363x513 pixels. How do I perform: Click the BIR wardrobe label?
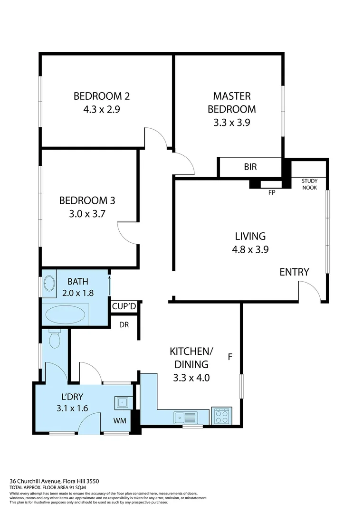(x=250, y=167)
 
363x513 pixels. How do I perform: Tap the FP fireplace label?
(x=272, y=192)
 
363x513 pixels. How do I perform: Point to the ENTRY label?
(x=294, y=272)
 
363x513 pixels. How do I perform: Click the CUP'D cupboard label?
(x=124, y=307)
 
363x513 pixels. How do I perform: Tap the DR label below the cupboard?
(x=124, y=325)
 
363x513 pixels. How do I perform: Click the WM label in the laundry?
(x=120, y=420)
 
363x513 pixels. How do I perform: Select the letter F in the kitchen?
(x=230, y=357)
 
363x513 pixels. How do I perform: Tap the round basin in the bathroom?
(x=49, y=284)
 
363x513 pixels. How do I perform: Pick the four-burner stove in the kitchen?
(x=221, y=416)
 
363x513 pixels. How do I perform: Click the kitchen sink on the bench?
(x=185, y=417)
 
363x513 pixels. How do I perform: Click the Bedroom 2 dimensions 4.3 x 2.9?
(x=102, y=109)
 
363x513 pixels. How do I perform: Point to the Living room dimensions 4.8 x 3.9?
(x=250, y=249)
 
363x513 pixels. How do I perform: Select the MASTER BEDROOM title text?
(x=232, y=103)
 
